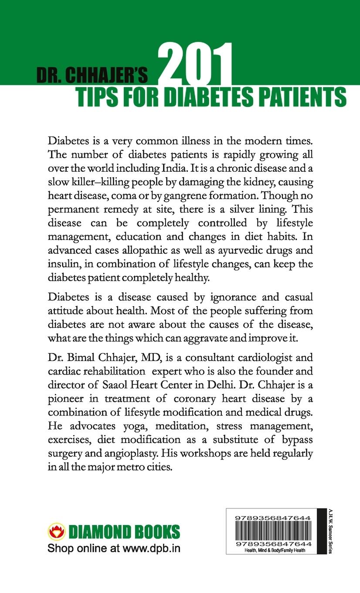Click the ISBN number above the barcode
(272, 517)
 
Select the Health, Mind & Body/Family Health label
(272, 551)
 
